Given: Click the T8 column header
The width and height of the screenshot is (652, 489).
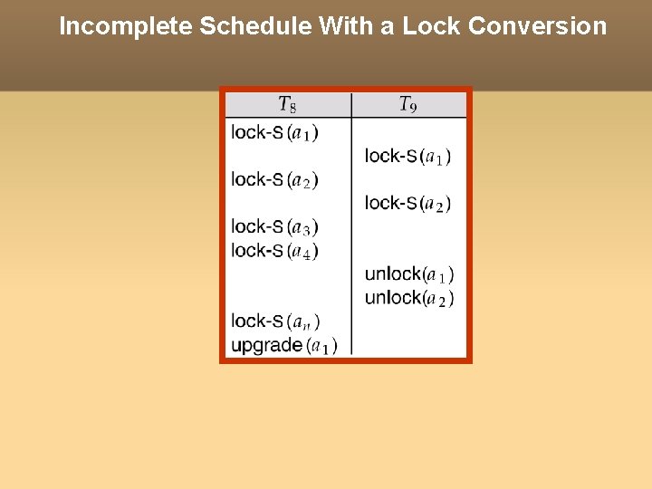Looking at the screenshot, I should click(287, 105).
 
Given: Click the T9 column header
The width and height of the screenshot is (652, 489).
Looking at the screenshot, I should click(408, 105).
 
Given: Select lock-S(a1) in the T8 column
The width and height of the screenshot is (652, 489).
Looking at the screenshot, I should click(274, 132).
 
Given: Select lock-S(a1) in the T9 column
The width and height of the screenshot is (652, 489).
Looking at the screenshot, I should click(408, 156).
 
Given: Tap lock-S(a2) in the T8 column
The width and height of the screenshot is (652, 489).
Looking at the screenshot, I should click(274, 179).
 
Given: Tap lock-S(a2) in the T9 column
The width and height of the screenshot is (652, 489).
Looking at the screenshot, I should click(408, 203).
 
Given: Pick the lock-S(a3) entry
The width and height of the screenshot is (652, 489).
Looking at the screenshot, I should click(274, 226).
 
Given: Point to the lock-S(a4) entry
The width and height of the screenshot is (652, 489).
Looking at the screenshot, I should click(274, 250).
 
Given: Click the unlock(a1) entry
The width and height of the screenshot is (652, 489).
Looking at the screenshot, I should click(409, 273).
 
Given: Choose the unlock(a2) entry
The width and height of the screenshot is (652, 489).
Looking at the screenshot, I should click(409, 297).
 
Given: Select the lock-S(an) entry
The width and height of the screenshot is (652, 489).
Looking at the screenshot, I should click(275, 321).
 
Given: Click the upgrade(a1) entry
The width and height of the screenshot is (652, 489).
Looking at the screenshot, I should click(284, 345).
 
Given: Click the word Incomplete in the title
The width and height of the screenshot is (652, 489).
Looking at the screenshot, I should click(125, 26).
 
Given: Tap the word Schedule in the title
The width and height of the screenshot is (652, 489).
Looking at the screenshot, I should click(255, 26).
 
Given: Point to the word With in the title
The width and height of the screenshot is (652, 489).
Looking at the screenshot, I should click(346, 26).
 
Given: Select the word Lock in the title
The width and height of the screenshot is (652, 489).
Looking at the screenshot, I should click(431, 26).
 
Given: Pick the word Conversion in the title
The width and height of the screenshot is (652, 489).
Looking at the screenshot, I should click(538, 26).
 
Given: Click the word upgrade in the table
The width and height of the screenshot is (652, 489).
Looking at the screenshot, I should click(266, 345).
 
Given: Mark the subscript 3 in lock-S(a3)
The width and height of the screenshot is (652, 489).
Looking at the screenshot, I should click(306, 231).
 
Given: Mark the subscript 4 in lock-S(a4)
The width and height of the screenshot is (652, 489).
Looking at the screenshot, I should click(306, 254).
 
